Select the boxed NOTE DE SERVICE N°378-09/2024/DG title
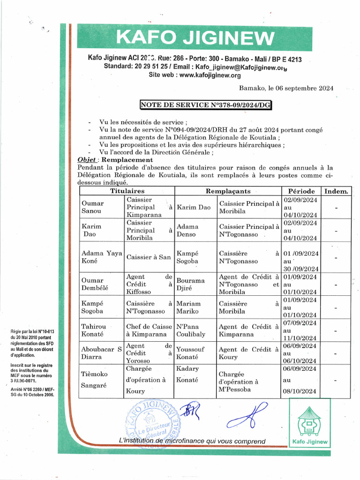point(206,105)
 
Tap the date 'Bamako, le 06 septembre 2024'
point(286,88)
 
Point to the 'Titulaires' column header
point(127,191)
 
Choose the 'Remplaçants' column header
point(228,191)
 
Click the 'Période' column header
point(300,191)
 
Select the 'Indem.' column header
point(336,191)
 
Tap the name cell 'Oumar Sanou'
point(93,207)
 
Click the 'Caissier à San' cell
point(149,257)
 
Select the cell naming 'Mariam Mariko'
point(188,307)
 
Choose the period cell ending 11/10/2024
point(300,330)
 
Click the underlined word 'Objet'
point(87,160)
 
